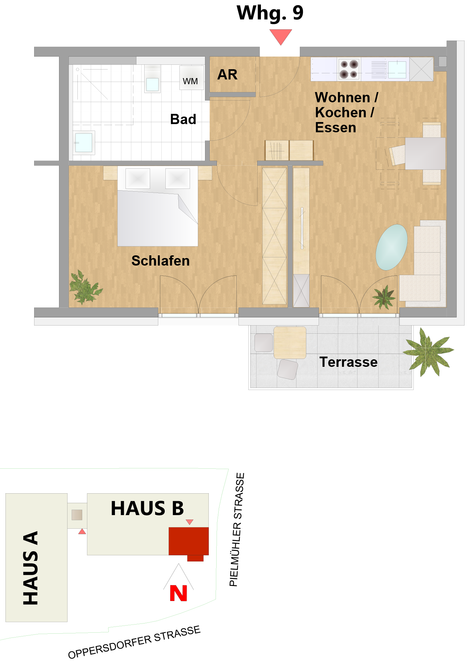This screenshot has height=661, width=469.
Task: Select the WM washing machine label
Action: [190, 81]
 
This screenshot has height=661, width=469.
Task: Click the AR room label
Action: [228, 75]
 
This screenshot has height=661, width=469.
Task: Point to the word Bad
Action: [183, 119]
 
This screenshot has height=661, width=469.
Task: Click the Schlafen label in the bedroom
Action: [160, 261]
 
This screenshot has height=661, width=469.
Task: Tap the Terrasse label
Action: [348, 362]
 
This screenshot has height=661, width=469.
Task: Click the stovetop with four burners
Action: [349, 69]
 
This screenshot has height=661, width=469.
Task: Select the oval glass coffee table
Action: [392, 247]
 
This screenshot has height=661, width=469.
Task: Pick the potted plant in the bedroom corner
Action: [85, 287]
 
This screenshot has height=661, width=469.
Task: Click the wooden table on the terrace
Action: [290, 343]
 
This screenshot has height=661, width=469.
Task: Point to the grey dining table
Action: [425, 153]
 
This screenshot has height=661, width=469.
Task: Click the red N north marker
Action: [178, 593]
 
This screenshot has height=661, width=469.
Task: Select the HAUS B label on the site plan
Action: [147, 508]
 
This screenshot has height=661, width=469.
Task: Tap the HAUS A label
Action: [30, 568]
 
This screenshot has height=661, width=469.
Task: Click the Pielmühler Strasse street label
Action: [237, 529]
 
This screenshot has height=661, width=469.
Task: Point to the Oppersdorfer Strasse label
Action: [134, 642]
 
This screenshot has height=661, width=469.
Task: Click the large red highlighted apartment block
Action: [189, 541]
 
